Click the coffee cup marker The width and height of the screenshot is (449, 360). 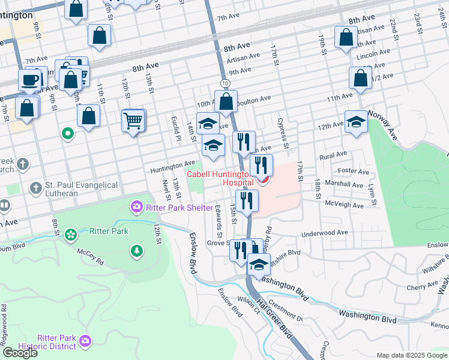tap(30, 80)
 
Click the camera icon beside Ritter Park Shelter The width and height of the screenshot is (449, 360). tap(136, 208)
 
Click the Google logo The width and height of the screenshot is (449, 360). tap(20, 353)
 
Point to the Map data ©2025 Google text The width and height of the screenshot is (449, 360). tap(411, 355)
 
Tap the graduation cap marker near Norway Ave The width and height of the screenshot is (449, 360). tap(356, 122)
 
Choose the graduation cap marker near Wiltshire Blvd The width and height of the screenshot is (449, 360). tap(259, 264)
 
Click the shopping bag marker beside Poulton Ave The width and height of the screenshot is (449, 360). tap(226, 101)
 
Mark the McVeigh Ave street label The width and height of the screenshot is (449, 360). tap(345, 206)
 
